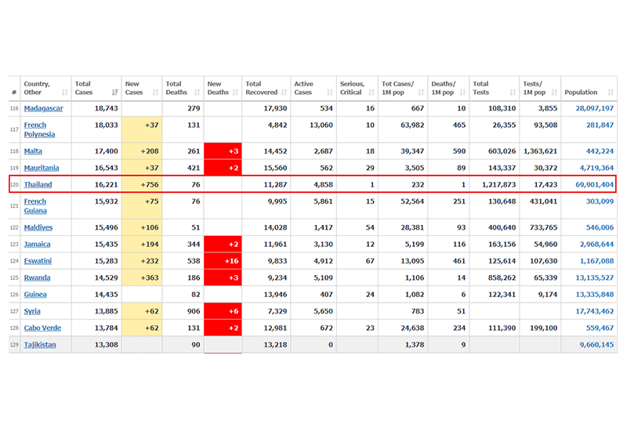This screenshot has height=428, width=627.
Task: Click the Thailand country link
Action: tap(38, 185)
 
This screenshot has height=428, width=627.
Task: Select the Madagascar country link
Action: tap(43, 108)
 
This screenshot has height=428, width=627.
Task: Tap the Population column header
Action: tap(581, 92)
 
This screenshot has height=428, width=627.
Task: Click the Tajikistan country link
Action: tap(40, 345)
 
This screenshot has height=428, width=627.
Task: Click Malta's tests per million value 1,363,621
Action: tap(540, 151)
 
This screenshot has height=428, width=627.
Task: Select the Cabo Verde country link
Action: tap(43, 328)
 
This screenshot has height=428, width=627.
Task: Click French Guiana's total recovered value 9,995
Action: tap(264, 201)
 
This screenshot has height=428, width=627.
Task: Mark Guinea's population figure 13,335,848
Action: tap(589, 295)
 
